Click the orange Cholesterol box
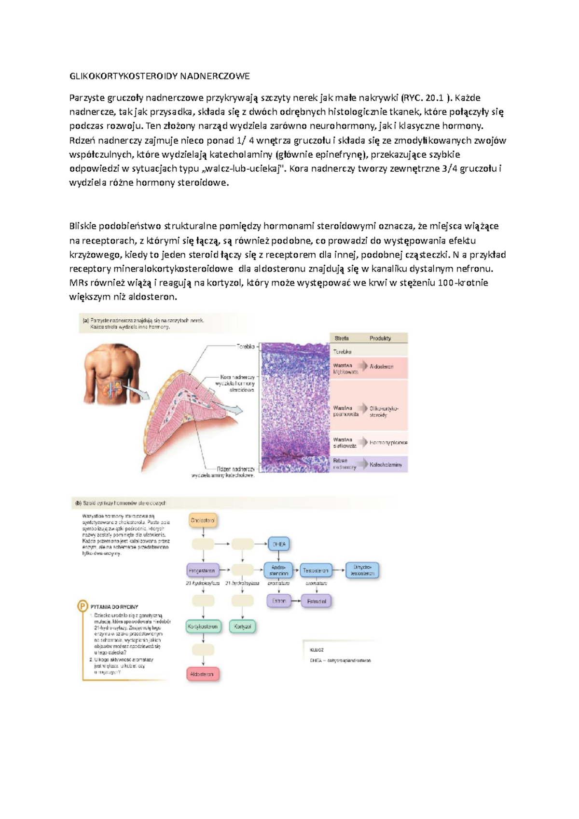pyautogui.click(x=203, y=520)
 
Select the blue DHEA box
pyautogui.click(x=279, y=544)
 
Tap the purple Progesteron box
pyautogui.click(x=202, y=571)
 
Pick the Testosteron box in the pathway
pyautogui.click(x=316, y=571)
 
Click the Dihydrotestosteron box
pyautogui.click(x=362, y=571)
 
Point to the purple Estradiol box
pyautogui.click(x=317, y=601)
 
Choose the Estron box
pyautogui.click(x=279, y=601)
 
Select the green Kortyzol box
pyautogui.click(x=243, y=627)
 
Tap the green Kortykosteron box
pyautogui.click(x=203, y=627)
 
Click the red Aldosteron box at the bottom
pyautogui.click(x=202, y=674)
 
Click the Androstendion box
pyautogui.click(x=279, y=571)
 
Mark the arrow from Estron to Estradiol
pyautogui.click(x=296, y=601)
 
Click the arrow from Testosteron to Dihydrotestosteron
pyautogui.click(x=339, y=571)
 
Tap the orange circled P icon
pyautogui.click(x=83, y=606)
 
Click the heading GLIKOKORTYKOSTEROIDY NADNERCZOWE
pyautogui.click(x=160, y=76)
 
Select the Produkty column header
pyautogui.click(x=380, y=338)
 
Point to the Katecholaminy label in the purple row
pyautogui.click(x=386, y=464)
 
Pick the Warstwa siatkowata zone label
pyautogui.click(x=345, y=443)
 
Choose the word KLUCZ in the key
pyautogui.click(x=317, y=650)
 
